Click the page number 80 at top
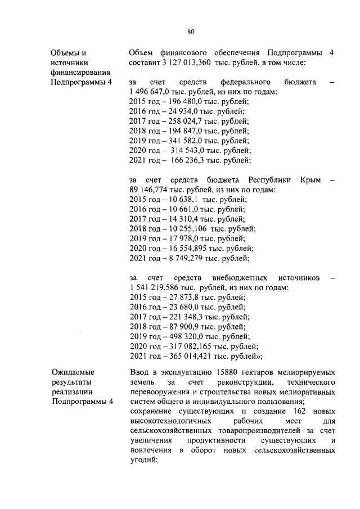[x=191, y=32]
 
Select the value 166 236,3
[x=188, y=160]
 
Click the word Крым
[x=309, y=180]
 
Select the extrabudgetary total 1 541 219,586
[x=159, y=287]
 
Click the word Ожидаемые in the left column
[x=74, y=372]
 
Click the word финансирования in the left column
[x=80, y=73]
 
